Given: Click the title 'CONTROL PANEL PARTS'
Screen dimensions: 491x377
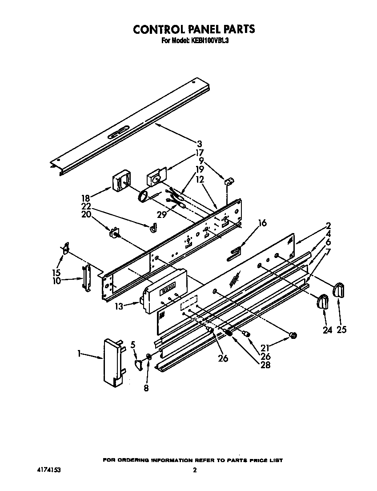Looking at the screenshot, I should (x=194, y=29).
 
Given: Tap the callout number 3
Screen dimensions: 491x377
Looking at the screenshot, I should (x=200, y=144).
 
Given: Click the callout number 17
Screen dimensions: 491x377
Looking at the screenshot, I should (x=200, y=153).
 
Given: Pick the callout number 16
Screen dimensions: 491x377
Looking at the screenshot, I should (x=263, y=223).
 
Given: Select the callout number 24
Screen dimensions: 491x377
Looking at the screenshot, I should (x=327, y=330).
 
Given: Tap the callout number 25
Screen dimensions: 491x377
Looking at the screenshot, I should (x=341, y=330).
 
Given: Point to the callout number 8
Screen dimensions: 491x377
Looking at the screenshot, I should (x=146, y=388).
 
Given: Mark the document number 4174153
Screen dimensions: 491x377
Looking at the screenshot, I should (x=49, y=470).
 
